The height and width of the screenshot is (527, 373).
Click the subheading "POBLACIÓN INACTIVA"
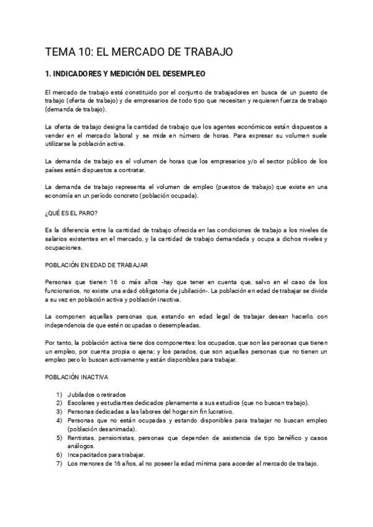click(78, 377)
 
